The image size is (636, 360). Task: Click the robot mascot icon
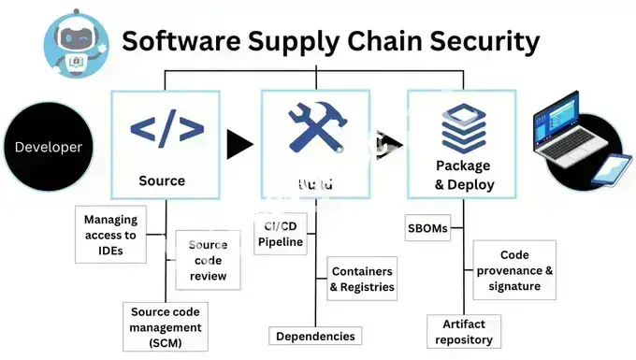(x=74, y=40)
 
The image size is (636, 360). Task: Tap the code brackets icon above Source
(x=166, y=128)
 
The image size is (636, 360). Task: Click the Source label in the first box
(x=162, y=180)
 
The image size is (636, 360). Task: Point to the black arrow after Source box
(x=239, y=144)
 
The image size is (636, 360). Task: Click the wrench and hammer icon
(x=316, y=128)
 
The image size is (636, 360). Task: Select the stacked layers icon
(x=463, y=127)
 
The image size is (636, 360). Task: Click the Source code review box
(x=208, y=261)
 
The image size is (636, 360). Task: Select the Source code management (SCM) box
(x=165, y=326)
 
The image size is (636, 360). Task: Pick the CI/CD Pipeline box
(x=281, y=235)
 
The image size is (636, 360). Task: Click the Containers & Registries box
(x=362, y=280)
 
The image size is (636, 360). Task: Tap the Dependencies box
(x=314, y=336)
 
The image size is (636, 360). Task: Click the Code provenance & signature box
(x=514, y=270)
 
